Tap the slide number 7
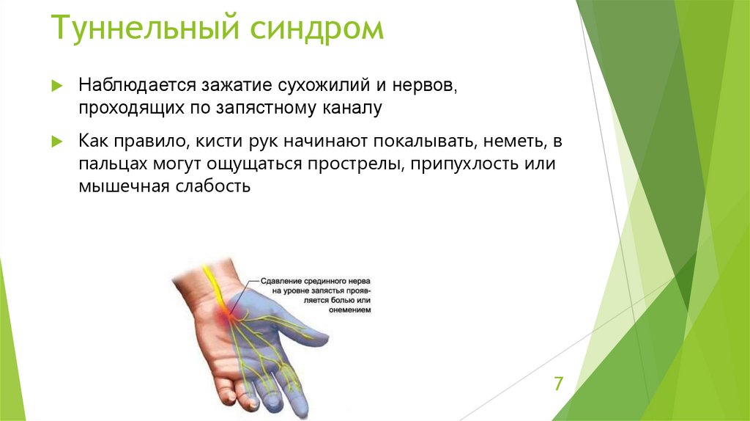(558, 384)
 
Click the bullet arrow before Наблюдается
(58, 85)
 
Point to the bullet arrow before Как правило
(58, 141)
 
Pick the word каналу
(352, 109)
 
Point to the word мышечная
(124, 186)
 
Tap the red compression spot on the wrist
(226, 314)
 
